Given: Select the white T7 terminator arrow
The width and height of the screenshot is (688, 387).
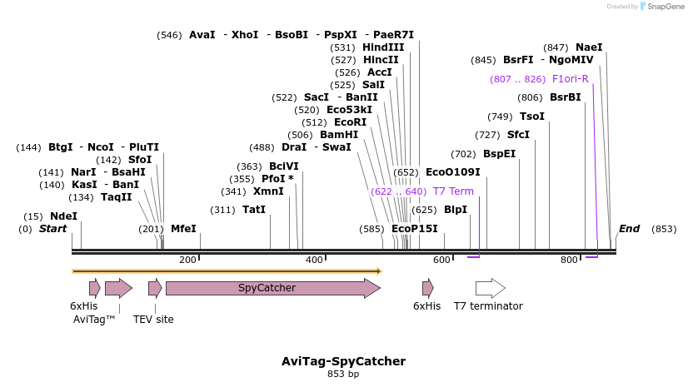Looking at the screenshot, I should (x=490, y=288).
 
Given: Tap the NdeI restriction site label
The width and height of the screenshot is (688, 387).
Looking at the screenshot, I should (x=63, y=216).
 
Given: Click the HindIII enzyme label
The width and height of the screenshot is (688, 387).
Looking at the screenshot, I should (x=383, y=47).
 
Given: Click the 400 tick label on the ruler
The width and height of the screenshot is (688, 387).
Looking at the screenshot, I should (x=314, y=260).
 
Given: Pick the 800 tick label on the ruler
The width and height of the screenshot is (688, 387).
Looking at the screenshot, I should (x=569, y=260).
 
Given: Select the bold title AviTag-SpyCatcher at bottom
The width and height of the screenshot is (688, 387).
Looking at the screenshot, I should (x=343, y=361).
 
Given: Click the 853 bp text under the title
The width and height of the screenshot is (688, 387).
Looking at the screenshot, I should (x=343, y=375).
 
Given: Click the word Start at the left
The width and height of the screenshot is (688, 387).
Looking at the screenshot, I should (x=52, y=229).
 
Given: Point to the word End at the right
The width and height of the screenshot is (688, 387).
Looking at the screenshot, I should (x=629, y=229).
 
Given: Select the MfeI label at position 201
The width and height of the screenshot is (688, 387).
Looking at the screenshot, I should (x=183, y=228).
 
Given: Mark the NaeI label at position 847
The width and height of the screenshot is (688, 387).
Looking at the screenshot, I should (x=589, y=47).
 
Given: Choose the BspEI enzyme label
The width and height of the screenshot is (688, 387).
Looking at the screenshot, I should (x=499, y=153).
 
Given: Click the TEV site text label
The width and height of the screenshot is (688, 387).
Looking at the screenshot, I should (x=153, y=319).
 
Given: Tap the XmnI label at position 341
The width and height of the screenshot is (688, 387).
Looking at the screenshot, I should (x=268, y=191).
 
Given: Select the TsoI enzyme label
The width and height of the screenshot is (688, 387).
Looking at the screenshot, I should (x=531, y=116).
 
